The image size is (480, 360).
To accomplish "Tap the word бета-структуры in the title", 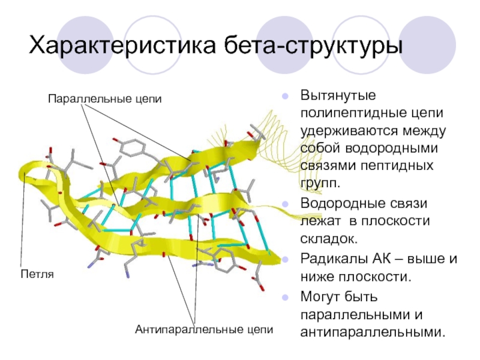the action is point(311,47).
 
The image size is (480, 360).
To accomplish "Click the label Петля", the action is point(37,274).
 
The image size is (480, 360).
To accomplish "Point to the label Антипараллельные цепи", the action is point(204,329).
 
